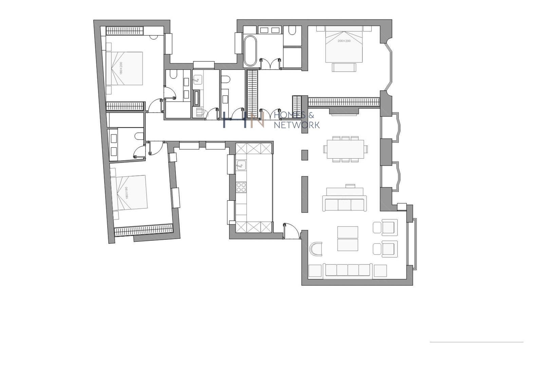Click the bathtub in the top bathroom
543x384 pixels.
(250, 51)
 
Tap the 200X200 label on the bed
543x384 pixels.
(344, 41)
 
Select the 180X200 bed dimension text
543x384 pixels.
(121, 68)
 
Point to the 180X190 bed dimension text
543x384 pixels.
(127, 193)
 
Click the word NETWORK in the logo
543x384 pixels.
(297, 125)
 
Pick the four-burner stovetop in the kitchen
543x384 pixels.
(241, 187)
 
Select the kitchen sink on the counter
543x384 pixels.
(241, 165)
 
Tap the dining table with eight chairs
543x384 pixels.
(345, 149)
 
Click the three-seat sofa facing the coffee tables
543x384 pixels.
(344, 204)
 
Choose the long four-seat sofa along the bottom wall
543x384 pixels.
(348, 270)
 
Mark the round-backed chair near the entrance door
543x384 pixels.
(316, 249)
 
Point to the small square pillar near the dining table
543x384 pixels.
(304, 155)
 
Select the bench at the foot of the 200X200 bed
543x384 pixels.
(344, 67)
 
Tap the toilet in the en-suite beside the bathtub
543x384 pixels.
(292, 31)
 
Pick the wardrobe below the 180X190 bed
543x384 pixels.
(144, 230)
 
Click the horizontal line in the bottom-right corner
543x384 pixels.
(476, 342)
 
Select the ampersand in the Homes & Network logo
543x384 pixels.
(311, 115)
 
